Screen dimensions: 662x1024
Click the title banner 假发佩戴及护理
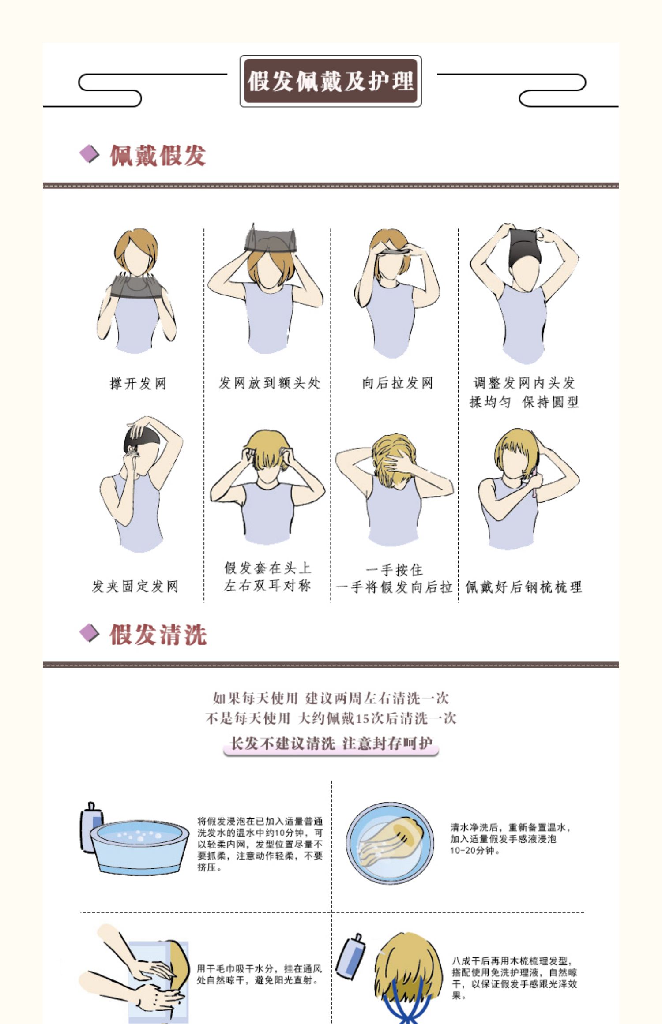pos(331,81)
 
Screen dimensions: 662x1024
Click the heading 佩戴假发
pos(158,155)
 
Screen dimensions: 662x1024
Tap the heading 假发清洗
pos(158,635)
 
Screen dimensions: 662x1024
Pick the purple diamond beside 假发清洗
pos(90,633)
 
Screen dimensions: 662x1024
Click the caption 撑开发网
pos(138,384)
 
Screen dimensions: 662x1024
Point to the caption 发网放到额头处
pos(269,383)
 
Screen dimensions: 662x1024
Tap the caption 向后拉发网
pos(397,383)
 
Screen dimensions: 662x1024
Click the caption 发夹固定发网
pos(135,586)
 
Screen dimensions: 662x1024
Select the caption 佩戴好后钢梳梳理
pos(523,587)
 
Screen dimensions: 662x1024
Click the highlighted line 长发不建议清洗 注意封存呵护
pos(331,744)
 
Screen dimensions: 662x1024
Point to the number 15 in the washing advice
pos(363,719)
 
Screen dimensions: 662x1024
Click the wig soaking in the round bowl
pos(391,842)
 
